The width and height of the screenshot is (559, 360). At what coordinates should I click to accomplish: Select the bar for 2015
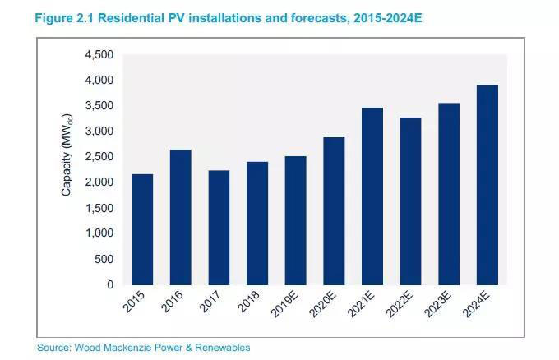(141, 229)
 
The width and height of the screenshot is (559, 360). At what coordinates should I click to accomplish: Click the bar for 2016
(180, 217)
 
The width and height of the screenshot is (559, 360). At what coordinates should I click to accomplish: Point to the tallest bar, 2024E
(487, 185)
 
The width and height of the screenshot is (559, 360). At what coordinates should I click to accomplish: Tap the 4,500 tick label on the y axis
(98, 54)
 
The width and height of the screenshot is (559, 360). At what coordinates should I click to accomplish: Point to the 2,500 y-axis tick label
(98, 157)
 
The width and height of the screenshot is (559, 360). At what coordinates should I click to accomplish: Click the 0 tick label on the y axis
(109, 284)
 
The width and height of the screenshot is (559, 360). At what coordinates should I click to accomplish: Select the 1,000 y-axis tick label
(98, 233)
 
